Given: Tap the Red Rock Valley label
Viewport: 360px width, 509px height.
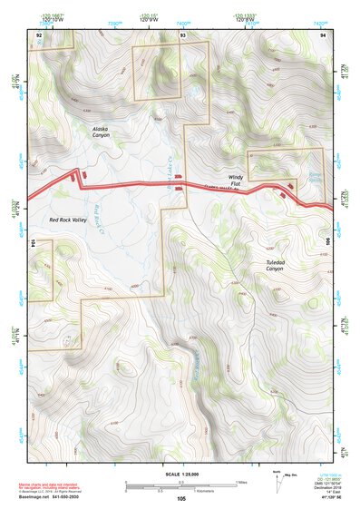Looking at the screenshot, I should (x=68, y=219).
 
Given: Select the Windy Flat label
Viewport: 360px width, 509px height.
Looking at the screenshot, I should (x=235, y=181).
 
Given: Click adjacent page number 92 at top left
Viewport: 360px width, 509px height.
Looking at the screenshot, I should (x=39, y=34).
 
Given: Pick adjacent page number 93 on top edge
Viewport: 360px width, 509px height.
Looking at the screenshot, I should (x=182, y=34).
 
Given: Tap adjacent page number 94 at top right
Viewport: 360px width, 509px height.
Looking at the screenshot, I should (x=324, y=34).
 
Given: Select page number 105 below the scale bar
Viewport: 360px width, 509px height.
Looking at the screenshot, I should (x=181, y=498).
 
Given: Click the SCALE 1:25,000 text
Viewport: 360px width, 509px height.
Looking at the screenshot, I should (x=181, y=474).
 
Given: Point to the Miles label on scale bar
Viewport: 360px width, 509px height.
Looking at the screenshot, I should (x=241, y=481).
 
